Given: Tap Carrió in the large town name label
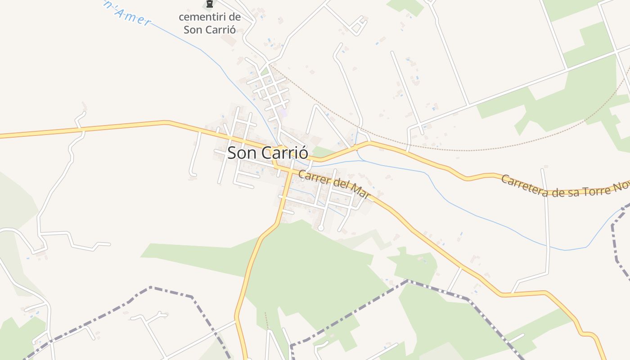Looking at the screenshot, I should tap(284, 153).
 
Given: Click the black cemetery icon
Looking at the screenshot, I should tap(209, 5).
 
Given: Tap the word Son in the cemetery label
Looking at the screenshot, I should tap(193, 30).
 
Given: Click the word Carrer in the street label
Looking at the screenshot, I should tap(314, 177).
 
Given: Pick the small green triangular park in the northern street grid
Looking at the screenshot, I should tap(265, 71).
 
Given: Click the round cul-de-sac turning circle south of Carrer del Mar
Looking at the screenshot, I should tap(320, 228).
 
